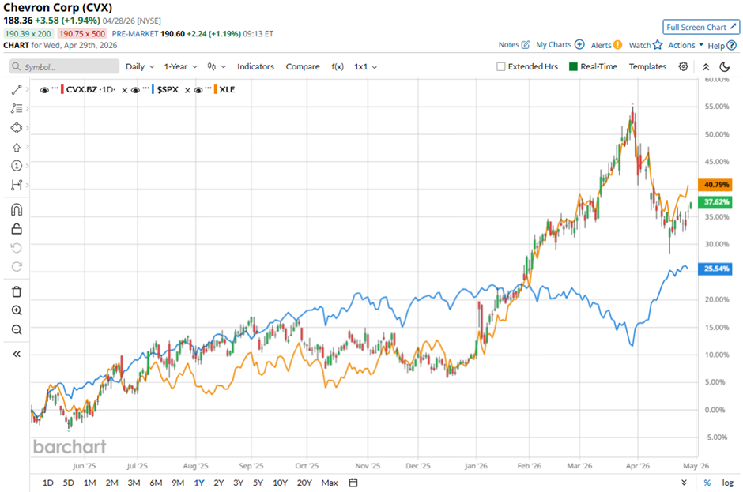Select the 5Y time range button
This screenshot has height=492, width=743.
[x=258, y=483]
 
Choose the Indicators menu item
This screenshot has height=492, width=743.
[x=255, y=67]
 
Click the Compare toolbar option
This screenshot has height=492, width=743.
[x=303, y=67]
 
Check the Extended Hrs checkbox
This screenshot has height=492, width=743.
[x=501, y=67]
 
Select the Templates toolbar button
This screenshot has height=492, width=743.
[x=647, y=67]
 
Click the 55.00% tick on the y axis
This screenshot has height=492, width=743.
[x=717, y=107]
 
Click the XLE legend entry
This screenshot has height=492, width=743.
[x=228, y=90]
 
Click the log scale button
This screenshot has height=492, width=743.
[x=728, y=483]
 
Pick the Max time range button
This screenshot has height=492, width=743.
[x=330, y=483]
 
